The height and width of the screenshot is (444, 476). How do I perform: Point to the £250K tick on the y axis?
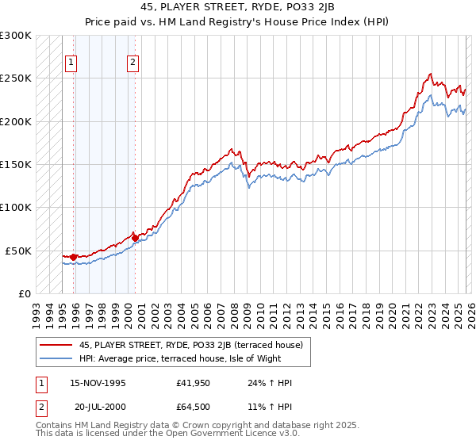click(x=16, y=78)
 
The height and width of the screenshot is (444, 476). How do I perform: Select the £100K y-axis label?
click(x=16, y=208)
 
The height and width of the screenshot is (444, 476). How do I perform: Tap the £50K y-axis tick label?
click(x=18, y=251)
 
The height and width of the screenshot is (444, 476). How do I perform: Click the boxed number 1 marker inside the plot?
click(x=72, y=63)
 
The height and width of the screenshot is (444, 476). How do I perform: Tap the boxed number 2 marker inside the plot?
click(x=132, y=63)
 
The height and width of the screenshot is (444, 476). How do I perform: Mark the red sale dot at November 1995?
click(x=73, y=257)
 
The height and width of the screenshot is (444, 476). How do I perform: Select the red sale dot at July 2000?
click(x=135, y=237)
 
